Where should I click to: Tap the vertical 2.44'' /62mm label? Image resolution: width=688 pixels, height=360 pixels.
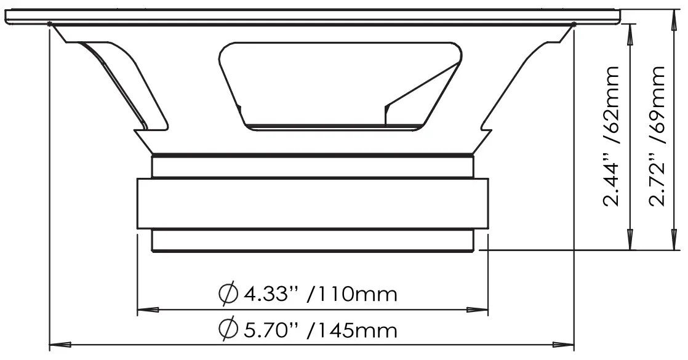(x=611, y=136)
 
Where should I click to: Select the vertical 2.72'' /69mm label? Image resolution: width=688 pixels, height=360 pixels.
(x=657, y=136)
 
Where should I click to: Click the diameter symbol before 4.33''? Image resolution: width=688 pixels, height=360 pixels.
(x=228, y=294)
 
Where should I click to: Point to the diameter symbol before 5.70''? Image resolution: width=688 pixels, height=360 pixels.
(x=228, y=329)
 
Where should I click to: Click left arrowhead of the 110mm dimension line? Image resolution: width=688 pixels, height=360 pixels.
(x=148, y=310)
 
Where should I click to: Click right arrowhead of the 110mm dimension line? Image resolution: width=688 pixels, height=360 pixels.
(x=478, y=310)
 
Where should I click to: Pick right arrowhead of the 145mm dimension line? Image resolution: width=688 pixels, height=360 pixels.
(x=564, y=344)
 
